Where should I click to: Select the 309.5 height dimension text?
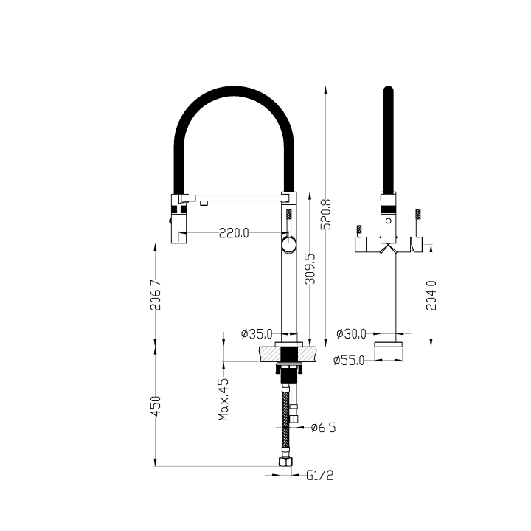click(x=310, y=270)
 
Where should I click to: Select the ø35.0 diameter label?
click(x=257, y=334)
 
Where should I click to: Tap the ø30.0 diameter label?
click(x=350, y=334)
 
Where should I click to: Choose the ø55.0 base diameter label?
click(x=349, y=361)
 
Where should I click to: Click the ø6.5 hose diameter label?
click(x=323, y=427)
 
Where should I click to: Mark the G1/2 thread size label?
click(x=320, y=476)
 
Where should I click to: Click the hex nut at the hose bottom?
click(x=285, y=464)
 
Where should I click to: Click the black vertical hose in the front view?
click(x=387, y=140)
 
